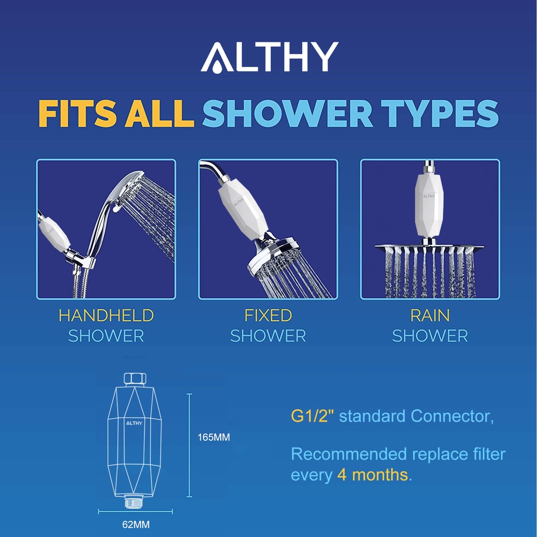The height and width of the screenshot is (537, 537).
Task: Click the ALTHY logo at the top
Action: (x=269, y=57)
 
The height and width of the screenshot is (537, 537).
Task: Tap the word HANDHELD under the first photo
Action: (x=106, y=315)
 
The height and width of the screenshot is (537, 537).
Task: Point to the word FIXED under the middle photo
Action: (x=268, y=315)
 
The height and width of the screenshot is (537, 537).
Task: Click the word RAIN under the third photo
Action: (x=430, y=315)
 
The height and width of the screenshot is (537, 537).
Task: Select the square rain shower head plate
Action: (x=430, y=248)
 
